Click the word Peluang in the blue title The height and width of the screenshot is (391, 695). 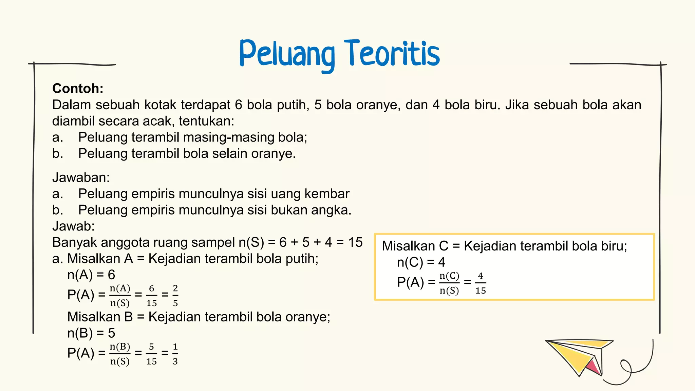pos(287,54)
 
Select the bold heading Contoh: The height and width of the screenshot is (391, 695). pos(78,89)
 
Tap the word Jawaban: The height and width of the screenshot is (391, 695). pos(81,178)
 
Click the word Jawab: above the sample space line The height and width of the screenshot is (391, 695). pos(73,226)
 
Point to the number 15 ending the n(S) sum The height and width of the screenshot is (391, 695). pos(355,242)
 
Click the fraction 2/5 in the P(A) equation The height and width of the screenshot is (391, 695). pos(175,295)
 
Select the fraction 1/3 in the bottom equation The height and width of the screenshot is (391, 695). pos(175,354)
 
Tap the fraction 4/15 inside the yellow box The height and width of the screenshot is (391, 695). pos(481,283)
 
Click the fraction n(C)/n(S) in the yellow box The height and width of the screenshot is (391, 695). pos(449,283)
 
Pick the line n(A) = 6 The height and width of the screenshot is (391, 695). pos(91,275)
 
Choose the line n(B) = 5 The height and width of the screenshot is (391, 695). pos(91,333)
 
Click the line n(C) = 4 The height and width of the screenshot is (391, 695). pos(421,262)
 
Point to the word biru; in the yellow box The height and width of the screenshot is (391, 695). pos(614,246)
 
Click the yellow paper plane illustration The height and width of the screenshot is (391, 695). pos(577,355)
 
